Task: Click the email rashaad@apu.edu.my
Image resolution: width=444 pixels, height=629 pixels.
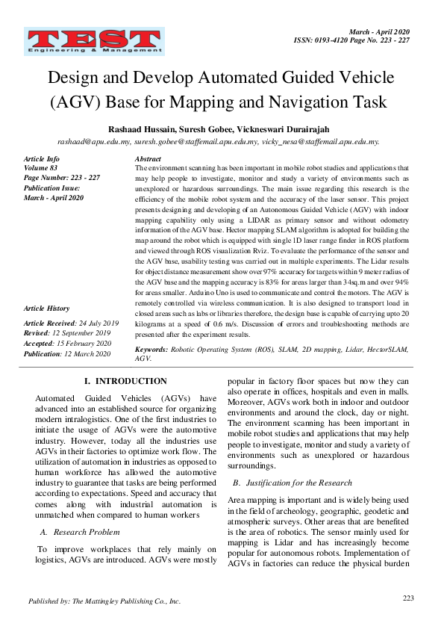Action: click(x=94, y=141)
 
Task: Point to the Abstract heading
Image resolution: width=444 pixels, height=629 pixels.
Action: click(x=148, y=160)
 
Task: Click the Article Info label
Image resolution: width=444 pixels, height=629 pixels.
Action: click(x=42, y=160)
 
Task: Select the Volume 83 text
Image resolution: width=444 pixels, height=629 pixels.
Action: click(x=41, y=169)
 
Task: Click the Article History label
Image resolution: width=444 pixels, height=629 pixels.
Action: click(x=46, y=309)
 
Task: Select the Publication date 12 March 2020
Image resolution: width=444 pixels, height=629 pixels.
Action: click(x=93, y=353)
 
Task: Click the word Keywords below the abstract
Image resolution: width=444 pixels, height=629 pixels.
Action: click(x=151, y=349)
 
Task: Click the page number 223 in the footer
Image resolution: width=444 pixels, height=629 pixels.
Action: click(x=407, y=598)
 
